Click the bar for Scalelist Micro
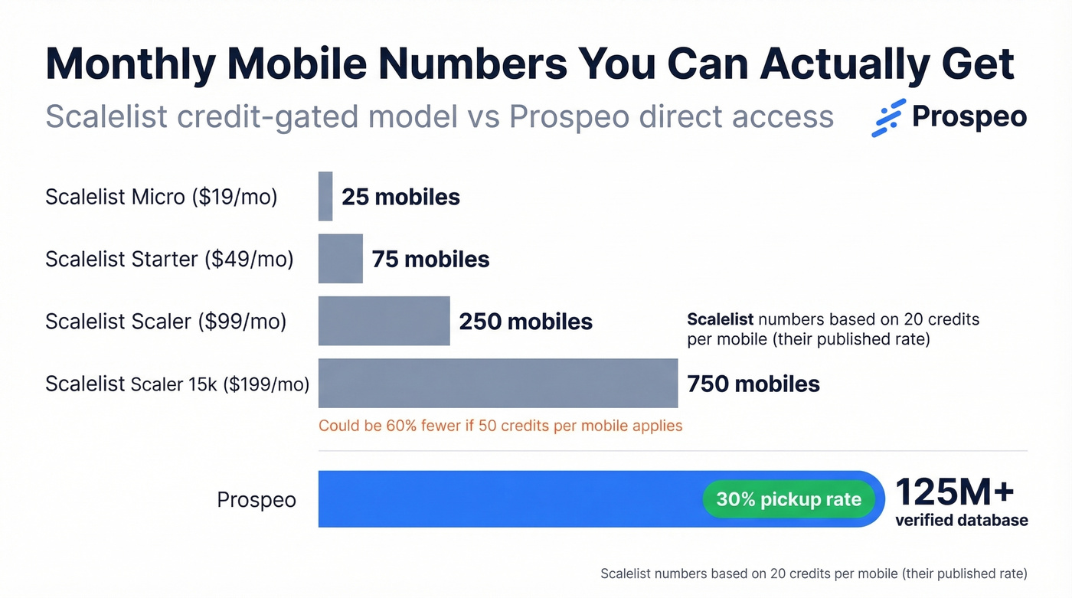[325, 197]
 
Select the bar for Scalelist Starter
[340, 259]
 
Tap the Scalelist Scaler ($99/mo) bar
[384, 321]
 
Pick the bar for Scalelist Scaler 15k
[498, 383]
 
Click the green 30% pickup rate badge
[789, 499]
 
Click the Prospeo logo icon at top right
[888, 118]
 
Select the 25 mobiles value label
[400, 197]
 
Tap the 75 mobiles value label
[430, 259]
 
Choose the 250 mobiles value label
[525, 321]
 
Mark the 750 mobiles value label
[753, 383]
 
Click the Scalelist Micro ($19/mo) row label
[161, 197]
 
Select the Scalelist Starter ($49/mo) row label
[169, 259]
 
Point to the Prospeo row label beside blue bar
[257, 500]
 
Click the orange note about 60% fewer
[500, 425]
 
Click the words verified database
[961, 521]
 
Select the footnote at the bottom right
[813, 573]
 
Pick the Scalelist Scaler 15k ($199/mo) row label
[177, 383]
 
